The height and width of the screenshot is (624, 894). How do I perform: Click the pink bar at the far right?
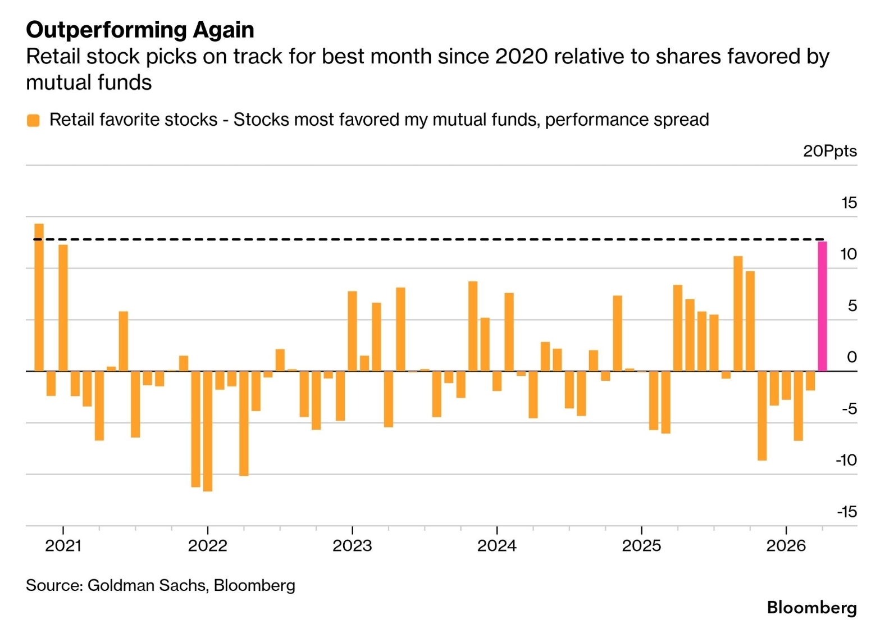[822, 306]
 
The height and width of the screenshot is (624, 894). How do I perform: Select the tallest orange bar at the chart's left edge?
[39, 297]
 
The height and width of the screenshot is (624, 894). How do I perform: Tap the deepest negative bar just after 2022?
[208, 431]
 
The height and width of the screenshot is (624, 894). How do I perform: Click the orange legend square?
[34, 120]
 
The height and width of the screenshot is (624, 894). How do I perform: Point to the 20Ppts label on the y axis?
[829, 151]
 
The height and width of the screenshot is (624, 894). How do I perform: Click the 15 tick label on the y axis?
[849, 203]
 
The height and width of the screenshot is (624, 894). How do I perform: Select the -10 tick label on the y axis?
[846, 460]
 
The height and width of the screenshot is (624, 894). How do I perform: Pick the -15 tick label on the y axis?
[846, 512]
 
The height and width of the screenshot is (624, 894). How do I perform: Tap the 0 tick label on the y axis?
[851, 357]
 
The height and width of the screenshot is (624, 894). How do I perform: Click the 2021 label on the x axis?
[63, 545]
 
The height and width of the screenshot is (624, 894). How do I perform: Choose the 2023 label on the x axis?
[352, 545]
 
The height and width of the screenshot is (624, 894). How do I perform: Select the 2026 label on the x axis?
[786, 545]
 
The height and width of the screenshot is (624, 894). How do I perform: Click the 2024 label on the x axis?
[496, 545]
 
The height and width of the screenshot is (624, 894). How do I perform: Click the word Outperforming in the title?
[107, 30]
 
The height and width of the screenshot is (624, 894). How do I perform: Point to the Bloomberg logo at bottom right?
[811, 607]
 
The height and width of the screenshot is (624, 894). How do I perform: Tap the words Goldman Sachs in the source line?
[147, 585]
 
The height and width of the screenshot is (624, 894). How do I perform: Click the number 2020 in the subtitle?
[521, 57]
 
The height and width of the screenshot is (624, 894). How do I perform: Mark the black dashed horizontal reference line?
[427, 239]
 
